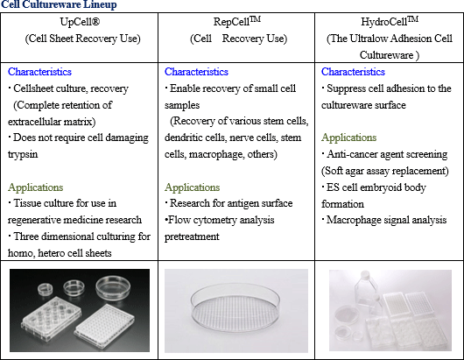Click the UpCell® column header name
click(x=80, y=22)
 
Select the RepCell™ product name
click(x=237, y=21)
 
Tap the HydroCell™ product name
click(x=390, y=21)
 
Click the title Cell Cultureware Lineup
click(x=59, y=4)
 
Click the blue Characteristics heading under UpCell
click(x=39, y=72)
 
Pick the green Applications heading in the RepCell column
click(x=192, y=187)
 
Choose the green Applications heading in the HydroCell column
click(x=349, y=138)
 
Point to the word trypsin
click(x=23, y=154)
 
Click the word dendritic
click(x=181, y=138)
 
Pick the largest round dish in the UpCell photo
click(x=113, y=288)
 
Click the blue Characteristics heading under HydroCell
click(x=353, y=72)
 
